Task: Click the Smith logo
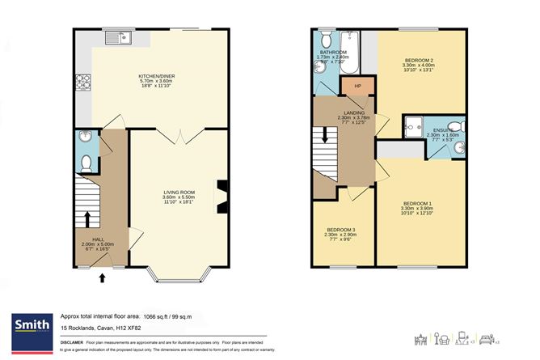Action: [x=28, y=325]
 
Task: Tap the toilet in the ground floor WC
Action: [x=86, y=161]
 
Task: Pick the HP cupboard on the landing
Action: [x=356, y=86]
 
